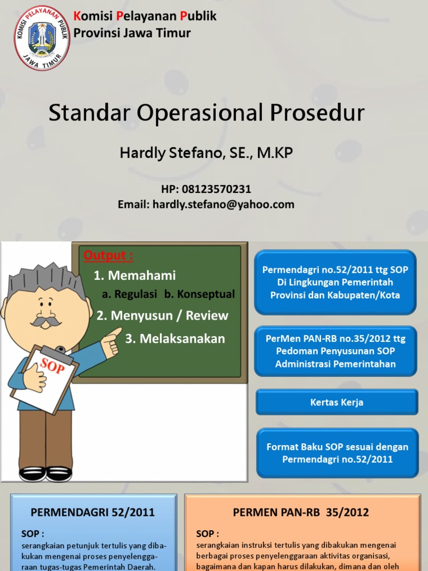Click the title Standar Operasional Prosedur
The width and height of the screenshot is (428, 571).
pos(207,113)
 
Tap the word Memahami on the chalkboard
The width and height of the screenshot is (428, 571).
pos(142,275)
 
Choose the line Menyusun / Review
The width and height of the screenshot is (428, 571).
pos(162,316)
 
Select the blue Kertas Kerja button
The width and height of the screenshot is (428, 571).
pos(337,402)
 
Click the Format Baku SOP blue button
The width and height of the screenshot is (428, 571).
pos(337,453)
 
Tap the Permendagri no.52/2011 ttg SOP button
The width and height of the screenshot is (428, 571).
pos(335,282)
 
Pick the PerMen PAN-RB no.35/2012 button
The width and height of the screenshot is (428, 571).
pos(335,351)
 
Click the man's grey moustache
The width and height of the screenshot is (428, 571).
pos(46,322)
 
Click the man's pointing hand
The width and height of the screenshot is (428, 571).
pos(112,340)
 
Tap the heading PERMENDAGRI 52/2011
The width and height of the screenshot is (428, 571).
pos(93,512)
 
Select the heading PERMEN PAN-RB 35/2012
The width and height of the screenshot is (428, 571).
pos(300,512)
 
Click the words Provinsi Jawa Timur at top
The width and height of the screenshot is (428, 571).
pos(132,33)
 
